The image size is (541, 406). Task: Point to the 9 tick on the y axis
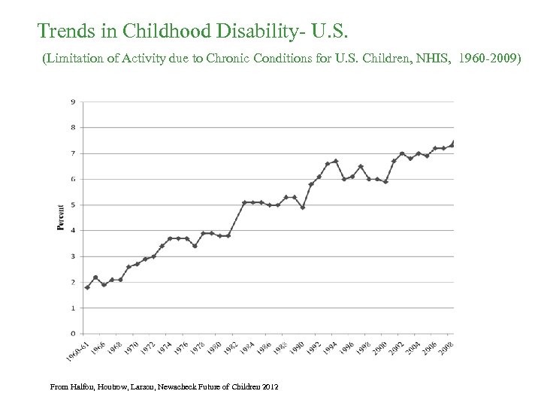pyautogui.click(x=72, y=101)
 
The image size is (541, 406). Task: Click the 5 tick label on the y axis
pyautogui.click(x=72, y=205)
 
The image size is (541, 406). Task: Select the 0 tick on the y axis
pyautogui.click(x=72, y=333)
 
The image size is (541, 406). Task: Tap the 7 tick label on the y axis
pyautogui.click(x=72, y=153)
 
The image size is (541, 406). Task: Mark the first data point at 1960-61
pyautogui.click(x=87, y=287)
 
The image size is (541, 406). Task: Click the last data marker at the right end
pyautogui.click(x=453, y=143)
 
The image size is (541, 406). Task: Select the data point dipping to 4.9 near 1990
pyautogui.click(x=302, y=208)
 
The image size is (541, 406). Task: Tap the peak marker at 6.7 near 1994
pyautogui.click(x=335, y=161)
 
